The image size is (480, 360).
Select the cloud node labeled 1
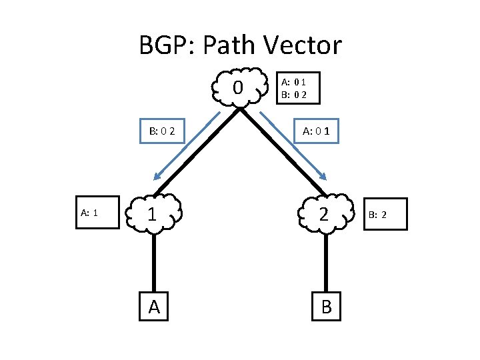tap(154, 214)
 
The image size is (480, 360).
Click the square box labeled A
tap(154, 306)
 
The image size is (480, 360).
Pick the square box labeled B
tap(326, 306)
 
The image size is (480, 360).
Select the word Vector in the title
tap(304, 46)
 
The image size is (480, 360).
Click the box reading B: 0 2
tap(163, 131)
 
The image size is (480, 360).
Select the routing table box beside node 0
tap(296, 87)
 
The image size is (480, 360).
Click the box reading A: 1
tap(90, 213)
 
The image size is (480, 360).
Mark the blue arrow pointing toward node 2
tap(293, 146)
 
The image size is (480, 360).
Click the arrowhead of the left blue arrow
tap(157, 177)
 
